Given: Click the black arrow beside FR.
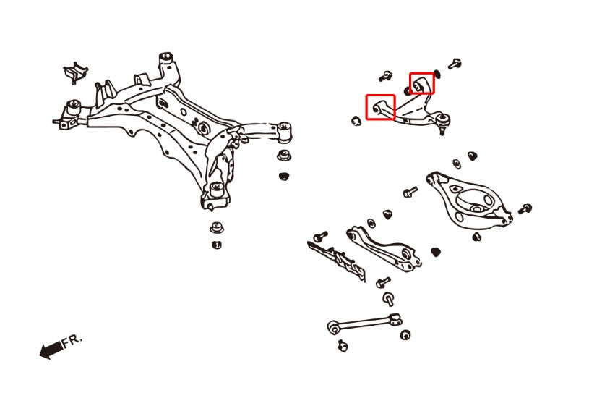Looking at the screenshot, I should pos(51,351).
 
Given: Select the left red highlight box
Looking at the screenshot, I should pos(380,108).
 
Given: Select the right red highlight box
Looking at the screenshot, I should pos(422,83).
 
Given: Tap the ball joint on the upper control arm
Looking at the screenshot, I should pos(442,119).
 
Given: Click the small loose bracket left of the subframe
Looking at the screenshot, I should pos(74,72).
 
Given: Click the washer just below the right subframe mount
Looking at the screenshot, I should pos(284,156).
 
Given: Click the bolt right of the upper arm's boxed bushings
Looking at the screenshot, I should pos(454,64).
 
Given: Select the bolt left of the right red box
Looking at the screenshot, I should pos(386,75).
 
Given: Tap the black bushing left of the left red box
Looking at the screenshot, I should pos(356,120).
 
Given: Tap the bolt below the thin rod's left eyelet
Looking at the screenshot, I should pos(344,345).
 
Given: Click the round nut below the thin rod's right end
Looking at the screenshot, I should pos(405,335).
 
